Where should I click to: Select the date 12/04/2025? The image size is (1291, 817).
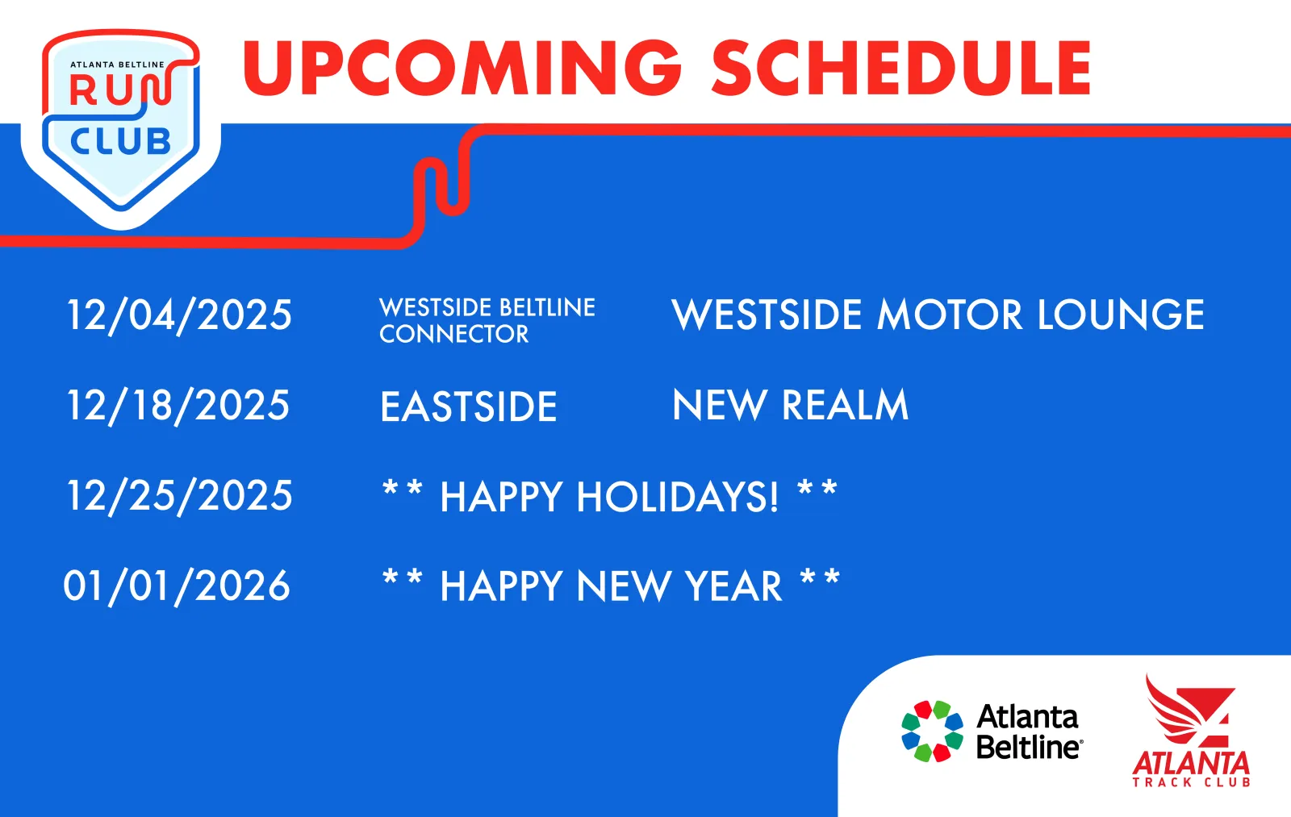[x=179, y=315]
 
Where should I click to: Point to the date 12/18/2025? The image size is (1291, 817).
[x=178, y=406]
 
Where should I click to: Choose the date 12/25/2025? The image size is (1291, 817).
[x=179, y=495]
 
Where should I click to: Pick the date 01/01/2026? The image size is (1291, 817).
[x=177, y=586]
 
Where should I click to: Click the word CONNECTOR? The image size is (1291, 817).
[x=453, y=334]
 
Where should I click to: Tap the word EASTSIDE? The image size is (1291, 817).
[x=469, y=406]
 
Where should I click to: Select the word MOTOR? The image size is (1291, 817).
[x=949, y=315]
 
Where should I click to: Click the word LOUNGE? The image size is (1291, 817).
[x=1121, y=315]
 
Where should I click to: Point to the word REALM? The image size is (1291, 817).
[x=845, y=405]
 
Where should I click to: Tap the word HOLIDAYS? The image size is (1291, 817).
[x=678, y=497]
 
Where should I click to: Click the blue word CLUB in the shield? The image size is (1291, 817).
[x=120, y=142]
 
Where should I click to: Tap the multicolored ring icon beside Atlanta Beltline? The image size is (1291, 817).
[x=933, y=732]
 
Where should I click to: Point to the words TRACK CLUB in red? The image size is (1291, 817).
[x=1191, y=782]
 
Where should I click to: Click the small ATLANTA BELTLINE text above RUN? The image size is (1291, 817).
[x=118, y=65]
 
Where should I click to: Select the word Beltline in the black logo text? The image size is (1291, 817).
[x=1030, y=748]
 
